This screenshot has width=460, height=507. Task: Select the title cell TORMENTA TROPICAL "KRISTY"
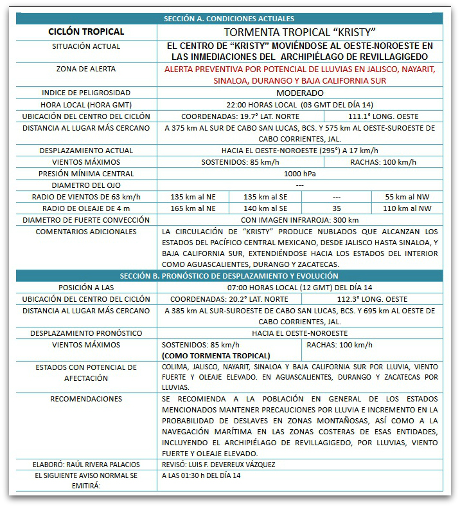299,32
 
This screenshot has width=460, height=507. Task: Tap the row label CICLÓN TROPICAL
85,32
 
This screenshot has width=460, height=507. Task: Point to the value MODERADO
299,93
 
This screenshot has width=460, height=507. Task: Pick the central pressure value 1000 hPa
299,174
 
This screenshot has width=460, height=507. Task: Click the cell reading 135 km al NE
192,197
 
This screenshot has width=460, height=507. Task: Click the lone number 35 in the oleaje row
337,208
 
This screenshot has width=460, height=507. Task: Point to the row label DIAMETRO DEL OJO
86,185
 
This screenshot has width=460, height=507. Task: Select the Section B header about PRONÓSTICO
229,276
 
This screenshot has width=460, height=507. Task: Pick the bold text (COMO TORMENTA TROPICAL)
216,355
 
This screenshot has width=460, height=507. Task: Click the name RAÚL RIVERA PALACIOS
96,464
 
